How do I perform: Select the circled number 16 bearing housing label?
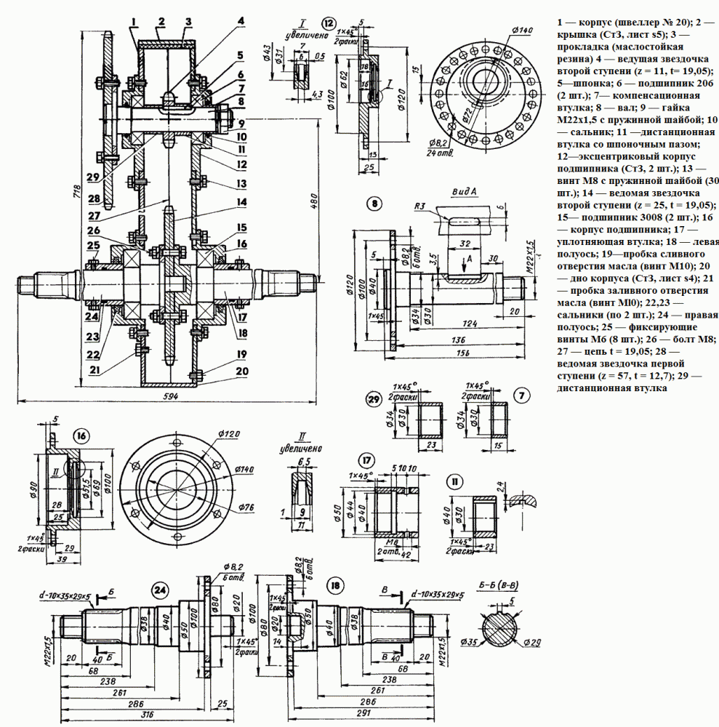click(81, 435)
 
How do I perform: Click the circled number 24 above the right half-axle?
click(159, 589)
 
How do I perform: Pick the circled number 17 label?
click(366, 459)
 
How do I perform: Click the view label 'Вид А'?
click(462, 189)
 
